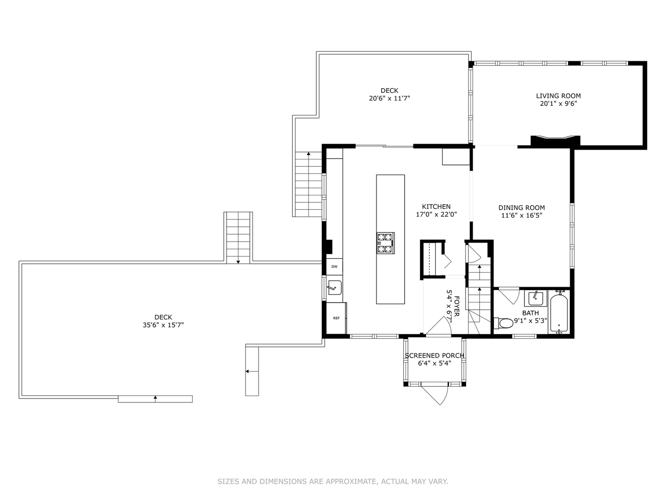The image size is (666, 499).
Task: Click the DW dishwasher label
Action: click(334, 267)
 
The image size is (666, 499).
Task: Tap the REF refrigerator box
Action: click(336, 318)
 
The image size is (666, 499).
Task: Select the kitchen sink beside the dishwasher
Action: click(334, 287)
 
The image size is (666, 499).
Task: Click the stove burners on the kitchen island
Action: click(385, 243)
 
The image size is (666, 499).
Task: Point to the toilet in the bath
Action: click(503, 322)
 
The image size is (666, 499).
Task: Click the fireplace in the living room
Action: click(555, 140)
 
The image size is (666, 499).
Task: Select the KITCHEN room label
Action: click(436, 207)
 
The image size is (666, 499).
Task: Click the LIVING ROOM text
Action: click(558, 96)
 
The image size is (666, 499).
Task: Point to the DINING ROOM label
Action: click(521, 207)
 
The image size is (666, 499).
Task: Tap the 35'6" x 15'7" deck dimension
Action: click(163, 325)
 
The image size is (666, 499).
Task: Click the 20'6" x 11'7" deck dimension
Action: click(389, 98)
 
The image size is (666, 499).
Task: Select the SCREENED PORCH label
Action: click(434, 355)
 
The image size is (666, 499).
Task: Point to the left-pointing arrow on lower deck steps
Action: click(248, 371)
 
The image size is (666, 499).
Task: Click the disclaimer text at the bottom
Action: click(333, 481)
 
